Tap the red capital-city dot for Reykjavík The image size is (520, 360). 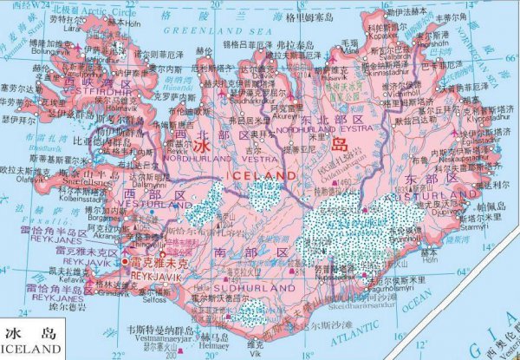click(x=127, y=260)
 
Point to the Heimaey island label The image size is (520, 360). click(x=196, y=344)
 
